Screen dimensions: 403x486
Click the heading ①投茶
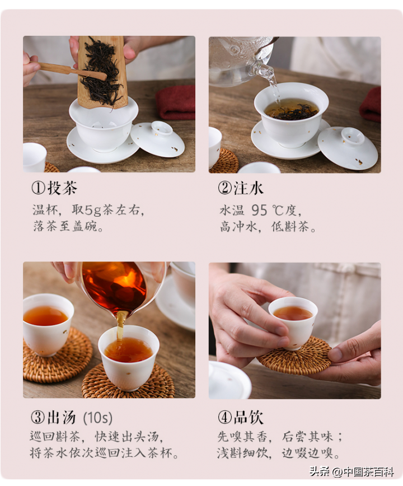(x=54, y=188)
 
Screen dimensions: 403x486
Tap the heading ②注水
(x=240, y=188)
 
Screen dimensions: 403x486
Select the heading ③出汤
(x=53, y=417)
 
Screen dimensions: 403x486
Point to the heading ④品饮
(x=240, y=417)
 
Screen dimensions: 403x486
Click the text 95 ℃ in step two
(x=268, y=210)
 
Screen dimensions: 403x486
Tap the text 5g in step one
(x=93, y=210)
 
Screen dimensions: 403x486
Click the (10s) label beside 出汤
(x=97, y=418)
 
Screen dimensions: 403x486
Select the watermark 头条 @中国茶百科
(x=352, y=472)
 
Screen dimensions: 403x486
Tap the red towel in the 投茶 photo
(x=176, y=103)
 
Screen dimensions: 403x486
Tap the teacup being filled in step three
(x=128, y=357)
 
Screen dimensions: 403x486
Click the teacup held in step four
(x=293, y=322)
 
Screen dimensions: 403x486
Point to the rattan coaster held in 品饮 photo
(x=294, y=357)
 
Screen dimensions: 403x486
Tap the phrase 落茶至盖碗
(x=68, y=227)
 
